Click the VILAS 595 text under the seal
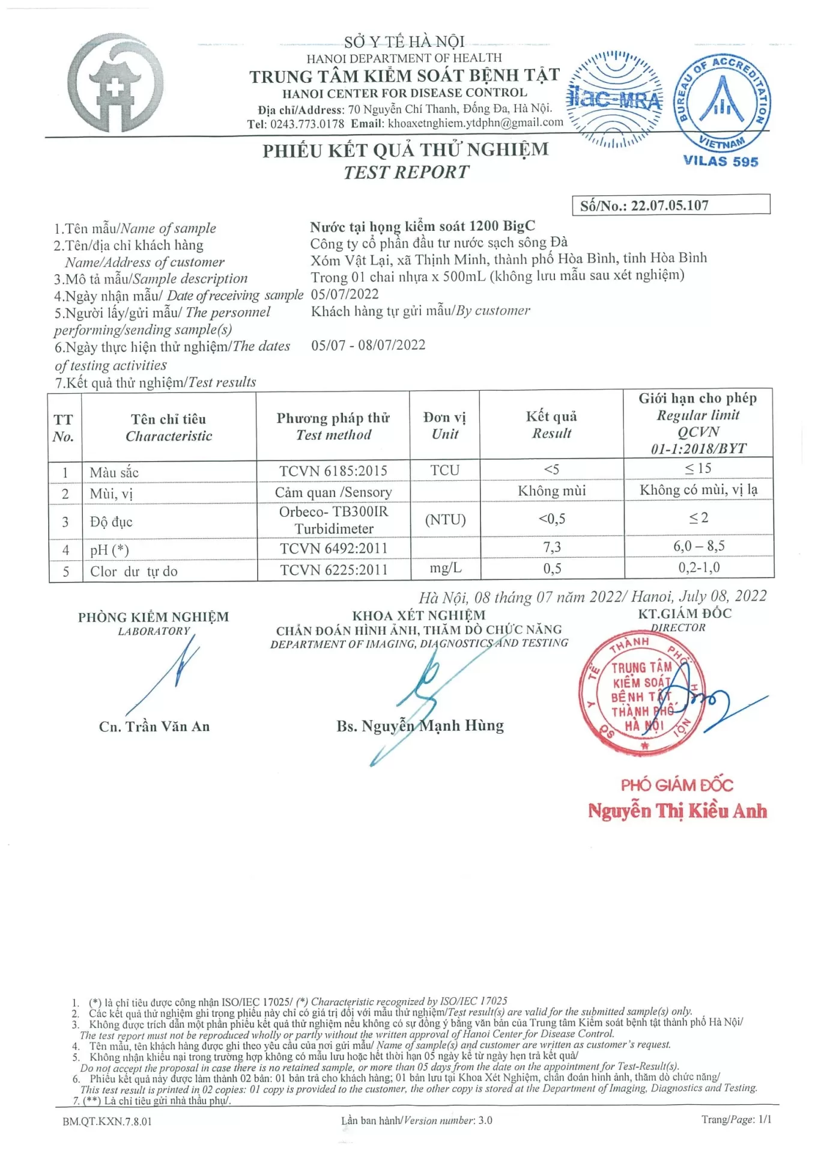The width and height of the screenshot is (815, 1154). tap(720, 162)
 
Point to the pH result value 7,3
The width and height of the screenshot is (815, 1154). tap(551, 547)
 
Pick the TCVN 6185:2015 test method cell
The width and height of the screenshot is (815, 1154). tap(333, 471)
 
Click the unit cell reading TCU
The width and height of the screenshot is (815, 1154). tap(444, 470)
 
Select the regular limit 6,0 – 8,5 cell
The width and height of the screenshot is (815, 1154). tap(698, 546)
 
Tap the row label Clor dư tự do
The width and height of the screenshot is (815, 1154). tap(134, 571)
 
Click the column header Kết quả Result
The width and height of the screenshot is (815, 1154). tap(551, 424)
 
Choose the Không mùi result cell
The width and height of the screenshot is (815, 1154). tap(551, 491)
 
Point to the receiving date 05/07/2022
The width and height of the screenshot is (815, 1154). tap(345, 295)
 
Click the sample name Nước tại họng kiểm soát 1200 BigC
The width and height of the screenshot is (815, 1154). tap(422, 227)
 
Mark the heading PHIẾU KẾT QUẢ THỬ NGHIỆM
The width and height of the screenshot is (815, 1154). tap(405, 150)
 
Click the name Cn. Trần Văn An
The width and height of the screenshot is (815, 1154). tap(154, 727)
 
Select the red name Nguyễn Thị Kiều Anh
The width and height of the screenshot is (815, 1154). tap(677, 811)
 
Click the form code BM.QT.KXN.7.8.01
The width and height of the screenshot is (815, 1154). tap(107, 1122)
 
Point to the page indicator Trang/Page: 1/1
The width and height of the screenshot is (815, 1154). tap(736, 1119)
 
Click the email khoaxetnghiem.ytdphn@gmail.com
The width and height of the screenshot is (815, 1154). tap(475, 123)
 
